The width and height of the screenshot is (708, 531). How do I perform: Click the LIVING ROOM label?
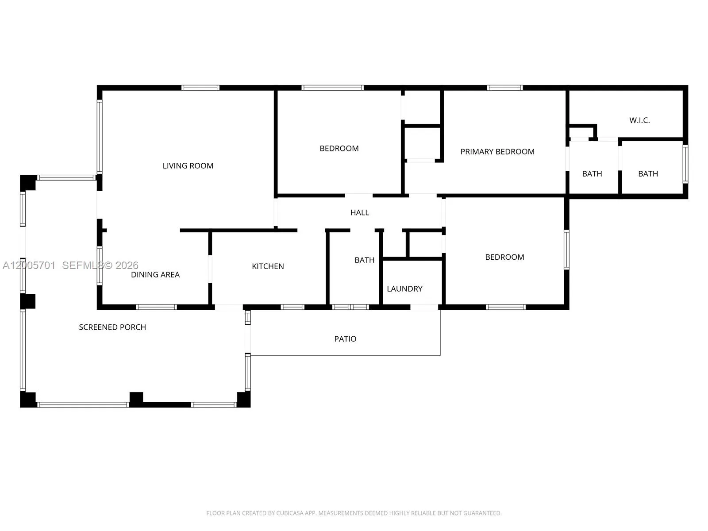tap(188, 165)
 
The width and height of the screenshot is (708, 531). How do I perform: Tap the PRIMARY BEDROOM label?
tap(497, 151)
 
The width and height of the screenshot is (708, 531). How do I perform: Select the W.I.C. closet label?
tap(639, 120)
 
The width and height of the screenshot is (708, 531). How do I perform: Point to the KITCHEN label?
tap(268, 266)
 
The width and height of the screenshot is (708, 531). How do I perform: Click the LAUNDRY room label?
tap(404, 289)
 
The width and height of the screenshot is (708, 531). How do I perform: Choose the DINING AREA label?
tap(155, 274)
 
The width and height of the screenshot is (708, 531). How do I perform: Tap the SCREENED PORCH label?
tap(112, 327)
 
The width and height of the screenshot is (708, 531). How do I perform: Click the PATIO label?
tap(345, 339)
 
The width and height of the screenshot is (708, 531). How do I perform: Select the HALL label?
tap(359, 212)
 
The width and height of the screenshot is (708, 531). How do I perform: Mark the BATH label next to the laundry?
tap(364, 260)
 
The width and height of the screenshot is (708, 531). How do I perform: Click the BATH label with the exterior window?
tap(648, 173)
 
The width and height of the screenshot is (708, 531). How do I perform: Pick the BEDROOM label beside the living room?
tap(339, 148)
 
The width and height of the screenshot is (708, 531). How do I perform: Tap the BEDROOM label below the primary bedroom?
tap(504, 257)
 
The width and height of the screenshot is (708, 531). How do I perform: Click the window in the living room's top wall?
tap(200, 88)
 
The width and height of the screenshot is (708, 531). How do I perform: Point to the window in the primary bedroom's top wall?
tap(504, 88)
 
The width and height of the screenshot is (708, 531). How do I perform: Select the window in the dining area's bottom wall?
tap(156, 307)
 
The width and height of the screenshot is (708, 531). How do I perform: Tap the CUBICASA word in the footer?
tap(289, 513)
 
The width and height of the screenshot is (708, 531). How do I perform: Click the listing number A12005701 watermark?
tap(29, 265)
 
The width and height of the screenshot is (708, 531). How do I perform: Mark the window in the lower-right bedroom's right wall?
tap(566, 249)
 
